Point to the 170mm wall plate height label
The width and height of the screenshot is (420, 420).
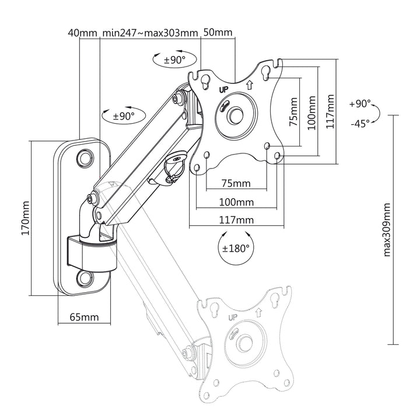(24, 219)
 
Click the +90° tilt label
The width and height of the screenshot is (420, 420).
(360, 104)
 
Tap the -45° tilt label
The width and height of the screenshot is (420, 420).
(360, 124)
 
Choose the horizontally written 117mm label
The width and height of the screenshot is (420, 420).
(237, 220)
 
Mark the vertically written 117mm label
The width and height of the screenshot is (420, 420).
(331, 113)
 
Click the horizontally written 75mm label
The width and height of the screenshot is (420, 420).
(236, 183)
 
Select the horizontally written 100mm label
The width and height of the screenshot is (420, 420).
(237, 202)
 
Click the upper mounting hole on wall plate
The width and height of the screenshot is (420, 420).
(85, 157)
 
